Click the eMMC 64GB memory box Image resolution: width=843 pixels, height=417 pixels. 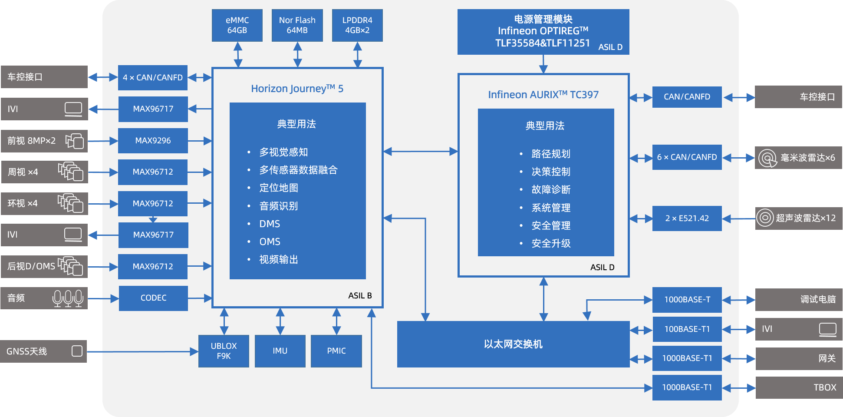237,25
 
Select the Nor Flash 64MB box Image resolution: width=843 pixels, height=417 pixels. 297,25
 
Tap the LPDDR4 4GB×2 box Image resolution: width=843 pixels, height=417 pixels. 357,25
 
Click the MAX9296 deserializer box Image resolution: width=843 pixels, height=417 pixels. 153,140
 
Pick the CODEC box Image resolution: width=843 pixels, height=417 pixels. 153,298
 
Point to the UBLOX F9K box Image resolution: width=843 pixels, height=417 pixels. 224,351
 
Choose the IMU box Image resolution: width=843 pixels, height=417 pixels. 280,351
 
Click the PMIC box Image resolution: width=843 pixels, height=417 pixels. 336,351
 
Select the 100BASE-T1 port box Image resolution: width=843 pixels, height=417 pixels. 687,329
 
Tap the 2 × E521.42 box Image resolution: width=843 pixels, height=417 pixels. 687,218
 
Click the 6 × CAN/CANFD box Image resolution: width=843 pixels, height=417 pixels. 687,157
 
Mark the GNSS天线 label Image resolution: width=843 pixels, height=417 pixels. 26,351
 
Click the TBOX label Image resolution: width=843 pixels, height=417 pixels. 824,387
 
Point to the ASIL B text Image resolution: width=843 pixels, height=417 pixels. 360,296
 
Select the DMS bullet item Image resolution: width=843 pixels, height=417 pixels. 270,224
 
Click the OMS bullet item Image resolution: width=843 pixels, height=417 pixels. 270,242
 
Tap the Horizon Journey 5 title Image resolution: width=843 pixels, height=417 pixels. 297,89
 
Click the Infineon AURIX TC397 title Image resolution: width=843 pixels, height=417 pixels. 543,95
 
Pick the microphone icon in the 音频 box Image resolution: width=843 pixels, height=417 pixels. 68,298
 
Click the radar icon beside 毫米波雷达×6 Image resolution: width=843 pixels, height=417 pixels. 767,158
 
